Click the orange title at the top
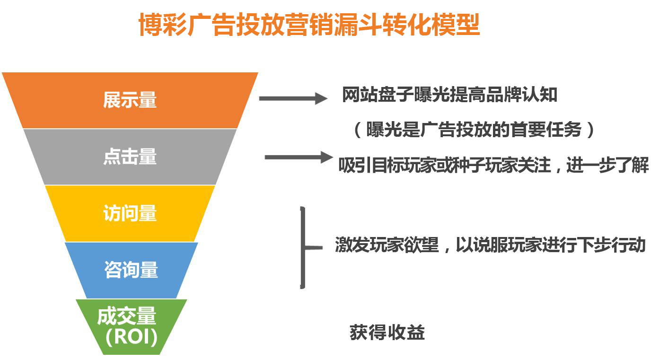309,25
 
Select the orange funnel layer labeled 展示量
130,100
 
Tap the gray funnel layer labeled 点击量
130,157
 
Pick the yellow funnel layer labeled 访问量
130,213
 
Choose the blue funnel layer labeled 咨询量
131,270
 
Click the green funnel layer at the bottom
132,327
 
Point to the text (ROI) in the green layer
132,337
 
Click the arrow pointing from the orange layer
293,99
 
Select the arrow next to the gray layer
299,157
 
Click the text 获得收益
387,333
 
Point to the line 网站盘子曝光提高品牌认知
449,95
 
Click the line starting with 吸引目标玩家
493,165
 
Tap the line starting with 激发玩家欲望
490,245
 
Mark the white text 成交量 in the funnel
127,316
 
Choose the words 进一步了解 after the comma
607,165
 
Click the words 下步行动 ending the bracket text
611,245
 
